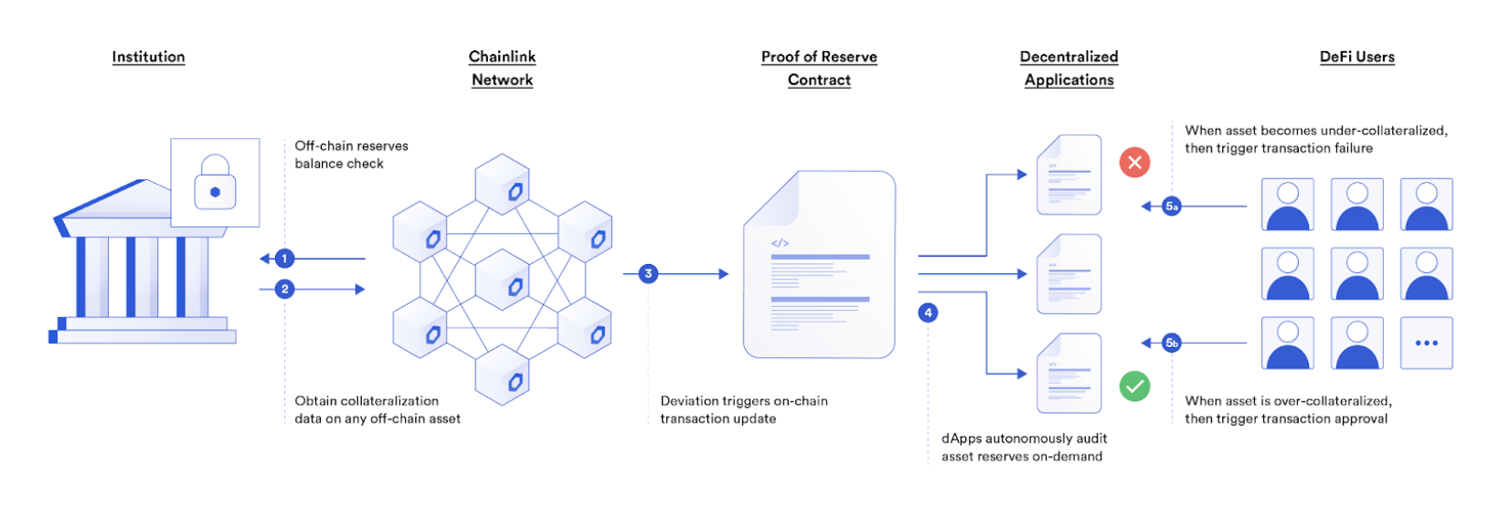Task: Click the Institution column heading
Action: [x=148, y=57]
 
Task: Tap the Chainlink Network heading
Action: [x=502, y=69]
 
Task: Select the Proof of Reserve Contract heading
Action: [x=819, y=69]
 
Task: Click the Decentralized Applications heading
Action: [x=1068, y=69]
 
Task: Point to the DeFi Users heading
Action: [x=1356, y=57]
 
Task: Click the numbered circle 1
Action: [x=284, y=259]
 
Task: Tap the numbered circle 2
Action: [x=284, y=289]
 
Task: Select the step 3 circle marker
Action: [x=648, y=273]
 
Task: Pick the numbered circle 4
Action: [x=928, y=312]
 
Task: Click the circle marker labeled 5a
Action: [x=1172, y=206]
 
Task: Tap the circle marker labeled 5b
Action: [x=1172, y=343]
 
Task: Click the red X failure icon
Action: [x=1134, y=163]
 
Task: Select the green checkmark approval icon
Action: [x=1134, y=386]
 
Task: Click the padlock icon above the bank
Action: [x=215, y=182]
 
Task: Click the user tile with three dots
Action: [x=1426, y=343]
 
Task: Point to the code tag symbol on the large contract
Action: [x=780, y=243]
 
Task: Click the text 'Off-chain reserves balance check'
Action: [x=351, y=154]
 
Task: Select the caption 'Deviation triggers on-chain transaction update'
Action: [x=744, y=409]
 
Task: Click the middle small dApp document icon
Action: [x=1068, y=274]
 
